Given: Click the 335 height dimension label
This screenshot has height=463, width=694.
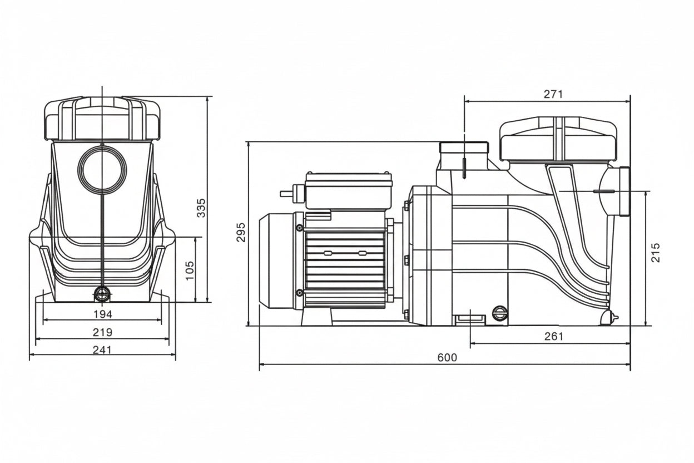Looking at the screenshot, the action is point(201,208).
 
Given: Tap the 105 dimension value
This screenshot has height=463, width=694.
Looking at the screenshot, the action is point(190,270).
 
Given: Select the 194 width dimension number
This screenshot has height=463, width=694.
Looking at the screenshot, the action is point(102,314).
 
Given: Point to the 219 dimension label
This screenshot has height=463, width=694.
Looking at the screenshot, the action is point(102,332).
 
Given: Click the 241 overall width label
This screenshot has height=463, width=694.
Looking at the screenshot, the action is point(102,350).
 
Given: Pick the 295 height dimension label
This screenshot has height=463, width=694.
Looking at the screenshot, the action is point(241,232).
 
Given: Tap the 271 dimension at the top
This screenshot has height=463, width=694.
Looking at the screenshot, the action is point(553,94).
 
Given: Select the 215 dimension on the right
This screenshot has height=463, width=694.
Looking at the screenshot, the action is point(656,253).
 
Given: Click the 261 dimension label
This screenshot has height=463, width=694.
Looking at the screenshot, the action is point(554,337).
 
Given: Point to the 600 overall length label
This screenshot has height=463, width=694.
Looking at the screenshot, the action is point(447,358).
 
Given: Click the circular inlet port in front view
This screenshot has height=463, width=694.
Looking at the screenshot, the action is point(102,169).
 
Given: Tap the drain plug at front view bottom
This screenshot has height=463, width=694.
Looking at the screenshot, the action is point(102,294).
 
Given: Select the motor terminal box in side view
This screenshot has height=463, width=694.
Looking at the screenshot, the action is point(349,191).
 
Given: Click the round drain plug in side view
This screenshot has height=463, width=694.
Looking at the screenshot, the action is point(500,313).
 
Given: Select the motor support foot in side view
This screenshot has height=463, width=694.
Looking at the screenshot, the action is point(316,317).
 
